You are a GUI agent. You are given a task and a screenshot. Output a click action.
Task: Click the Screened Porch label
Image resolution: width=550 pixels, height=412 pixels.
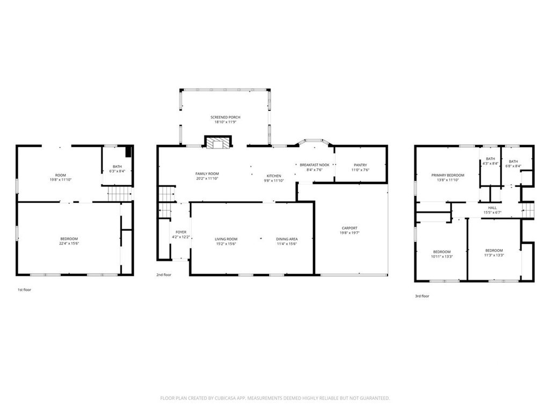[225, 117]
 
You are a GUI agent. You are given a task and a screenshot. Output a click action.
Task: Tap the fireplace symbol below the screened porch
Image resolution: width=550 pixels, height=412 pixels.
[218, 142]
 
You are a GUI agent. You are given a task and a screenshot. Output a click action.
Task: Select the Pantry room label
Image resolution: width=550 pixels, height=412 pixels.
[360, 165]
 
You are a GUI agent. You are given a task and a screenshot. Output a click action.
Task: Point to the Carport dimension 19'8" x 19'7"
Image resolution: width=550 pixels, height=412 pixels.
[349, 233]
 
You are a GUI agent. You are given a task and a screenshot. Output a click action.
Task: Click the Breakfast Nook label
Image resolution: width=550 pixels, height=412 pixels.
[314, 165]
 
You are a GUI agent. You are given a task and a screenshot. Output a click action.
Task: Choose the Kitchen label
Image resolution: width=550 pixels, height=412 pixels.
[273, 176]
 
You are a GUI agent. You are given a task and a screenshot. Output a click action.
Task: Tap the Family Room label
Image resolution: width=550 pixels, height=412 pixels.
[207, 173]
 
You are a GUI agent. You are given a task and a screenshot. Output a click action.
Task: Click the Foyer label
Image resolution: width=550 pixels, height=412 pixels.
[181, 232]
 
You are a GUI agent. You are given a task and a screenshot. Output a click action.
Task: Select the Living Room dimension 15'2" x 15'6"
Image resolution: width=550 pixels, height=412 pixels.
[226, 244]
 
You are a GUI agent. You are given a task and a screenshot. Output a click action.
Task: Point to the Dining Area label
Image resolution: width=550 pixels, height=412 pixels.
[287, 239]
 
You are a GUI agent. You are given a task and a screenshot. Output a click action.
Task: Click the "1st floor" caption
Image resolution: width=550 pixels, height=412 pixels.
[24, 290]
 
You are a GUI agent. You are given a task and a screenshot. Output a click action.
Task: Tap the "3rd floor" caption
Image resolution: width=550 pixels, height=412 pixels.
[422, 296]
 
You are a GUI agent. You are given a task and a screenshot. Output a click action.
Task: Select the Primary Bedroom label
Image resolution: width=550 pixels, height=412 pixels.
[447, 175]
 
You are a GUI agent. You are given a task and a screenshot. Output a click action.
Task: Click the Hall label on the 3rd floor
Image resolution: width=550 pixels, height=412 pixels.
[492, 208]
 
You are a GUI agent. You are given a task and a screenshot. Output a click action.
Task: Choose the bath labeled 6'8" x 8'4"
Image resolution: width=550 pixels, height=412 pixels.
[513, 164]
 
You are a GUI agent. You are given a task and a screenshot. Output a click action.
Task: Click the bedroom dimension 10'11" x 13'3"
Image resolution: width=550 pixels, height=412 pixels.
[442, 256]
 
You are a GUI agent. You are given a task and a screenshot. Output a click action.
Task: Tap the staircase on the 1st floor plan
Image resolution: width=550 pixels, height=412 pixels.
[119, 194]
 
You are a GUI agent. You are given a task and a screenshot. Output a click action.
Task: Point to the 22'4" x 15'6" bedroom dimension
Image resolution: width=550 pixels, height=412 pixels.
[69, 244]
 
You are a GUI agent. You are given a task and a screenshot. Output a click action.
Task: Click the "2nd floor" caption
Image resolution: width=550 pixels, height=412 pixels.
[164, 275]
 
